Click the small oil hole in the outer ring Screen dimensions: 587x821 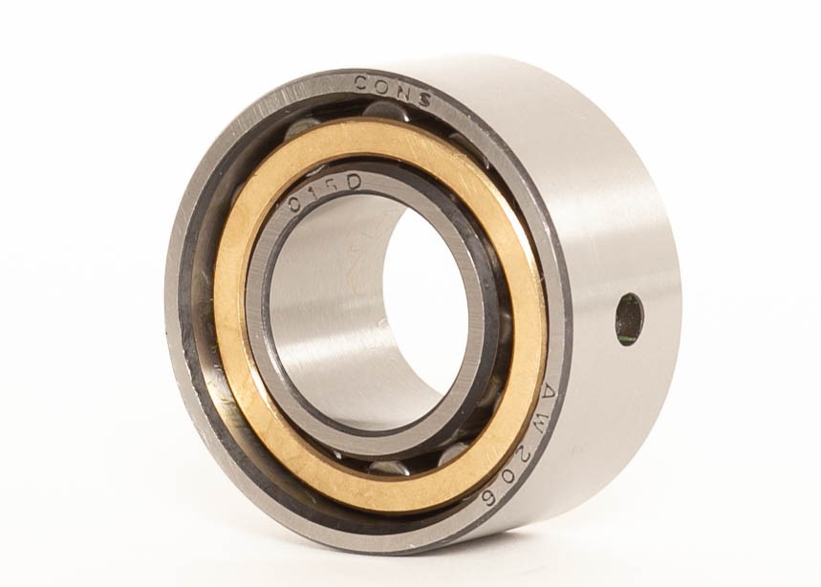coord(629,319)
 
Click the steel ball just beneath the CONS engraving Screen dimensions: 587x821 coord(384,112)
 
